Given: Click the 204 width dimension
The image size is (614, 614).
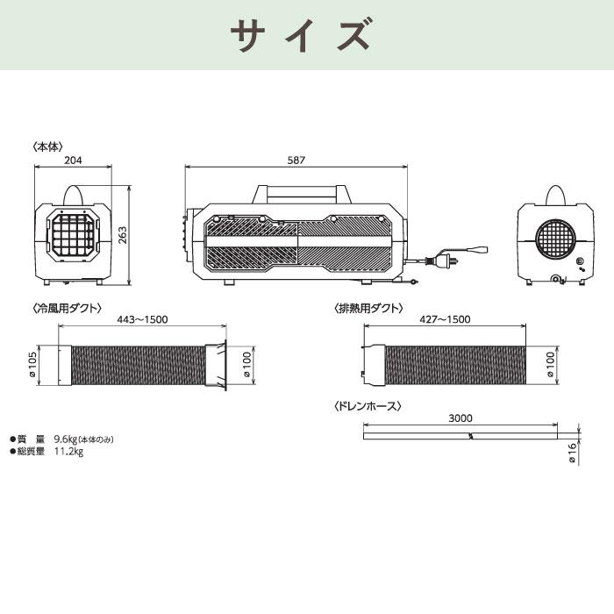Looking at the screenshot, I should (x=75, y=161).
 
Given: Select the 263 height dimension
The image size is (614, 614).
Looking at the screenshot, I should (x=124, y=236).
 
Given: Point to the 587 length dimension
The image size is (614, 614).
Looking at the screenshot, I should (x=296, y=161).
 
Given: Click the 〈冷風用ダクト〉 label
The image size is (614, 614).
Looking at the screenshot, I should (x=67, y=309).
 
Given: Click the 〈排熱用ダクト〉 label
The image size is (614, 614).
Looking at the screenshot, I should (x=368, y=309).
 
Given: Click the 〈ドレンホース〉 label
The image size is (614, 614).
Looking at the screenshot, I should (x=368, y=406).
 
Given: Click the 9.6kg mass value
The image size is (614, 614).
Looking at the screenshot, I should (x=66, y=439).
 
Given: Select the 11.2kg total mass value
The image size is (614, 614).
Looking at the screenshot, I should (x=68, y=452).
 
